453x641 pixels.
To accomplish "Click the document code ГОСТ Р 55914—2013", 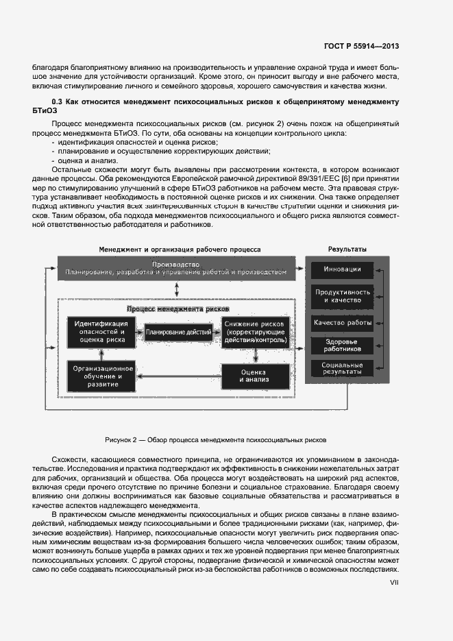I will [361, 46].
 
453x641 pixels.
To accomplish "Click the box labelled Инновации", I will [343, 269].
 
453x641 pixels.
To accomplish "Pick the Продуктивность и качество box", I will [343, 296].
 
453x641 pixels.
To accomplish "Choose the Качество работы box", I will [343, 322].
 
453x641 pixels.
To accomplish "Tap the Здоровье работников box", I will [343, 345].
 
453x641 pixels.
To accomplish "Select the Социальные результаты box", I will [343, 369].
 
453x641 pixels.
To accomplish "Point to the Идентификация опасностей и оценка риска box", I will [101, 332].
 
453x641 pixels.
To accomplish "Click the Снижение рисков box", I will [255, 332].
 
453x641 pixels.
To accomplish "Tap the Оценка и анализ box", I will [255, 376].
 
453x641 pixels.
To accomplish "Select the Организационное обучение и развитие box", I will [101, 376].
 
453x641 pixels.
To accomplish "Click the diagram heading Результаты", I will [346, 249].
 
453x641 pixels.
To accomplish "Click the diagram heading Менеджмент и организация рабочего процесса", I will [179, 249].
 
